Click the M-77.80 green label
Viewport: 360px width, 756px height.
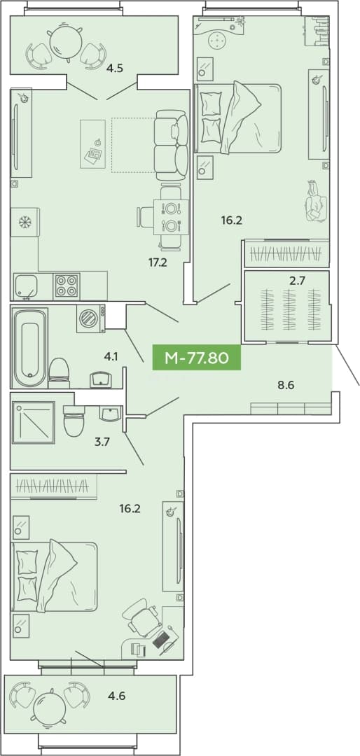(x=196, y=358)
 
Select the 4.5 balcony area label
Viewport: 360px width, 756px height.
(x=115, y=68)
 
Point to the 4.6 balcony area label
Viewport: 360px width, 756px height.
(x=118, y=696)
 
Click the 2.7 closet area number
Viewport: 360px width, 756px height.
(x=297, y=281)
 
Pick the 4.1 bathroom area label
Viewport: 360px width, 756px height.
(x=111, y=357)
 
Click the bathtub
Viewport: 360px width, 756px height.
(x=30, y=348)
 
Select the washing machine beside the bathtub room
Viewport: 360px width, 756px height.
(x=91, y=318)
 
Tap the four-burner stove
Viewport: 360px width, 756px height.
(x=67, y=286)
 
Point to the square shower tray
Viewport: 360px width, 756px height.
(x=34, y=423)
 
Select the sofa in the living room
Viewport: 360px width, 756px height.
(x=171, y=145)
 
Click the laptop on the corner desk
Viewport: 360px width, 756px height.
(x=161, y=639)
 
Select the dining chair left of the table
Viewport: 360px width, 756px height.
(x=145, y=216)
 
